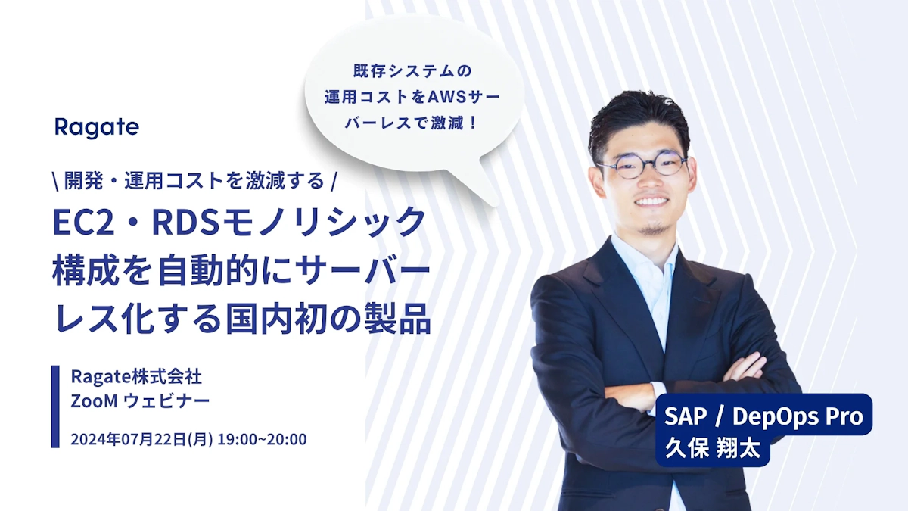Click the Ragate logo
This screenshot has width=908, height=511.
tap(96, 127)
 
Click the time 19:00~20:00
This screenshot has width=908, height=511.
tap(262, 439)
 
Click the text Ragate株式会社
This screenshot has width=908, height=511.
tap(135, 376)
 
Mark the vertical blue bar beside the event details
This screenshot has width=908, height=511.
tap(55, 407)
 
